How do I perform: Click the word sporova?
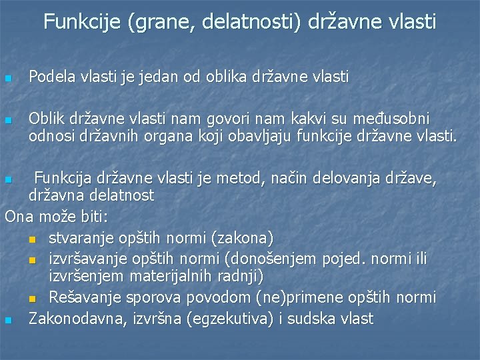pyautogui.click(x=149, y=297)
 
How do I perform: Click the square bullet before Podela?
pyautogui.click(x=8, y=79)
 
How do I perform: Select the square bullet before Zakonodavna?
pyautogui.click(x=8, y=321)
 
